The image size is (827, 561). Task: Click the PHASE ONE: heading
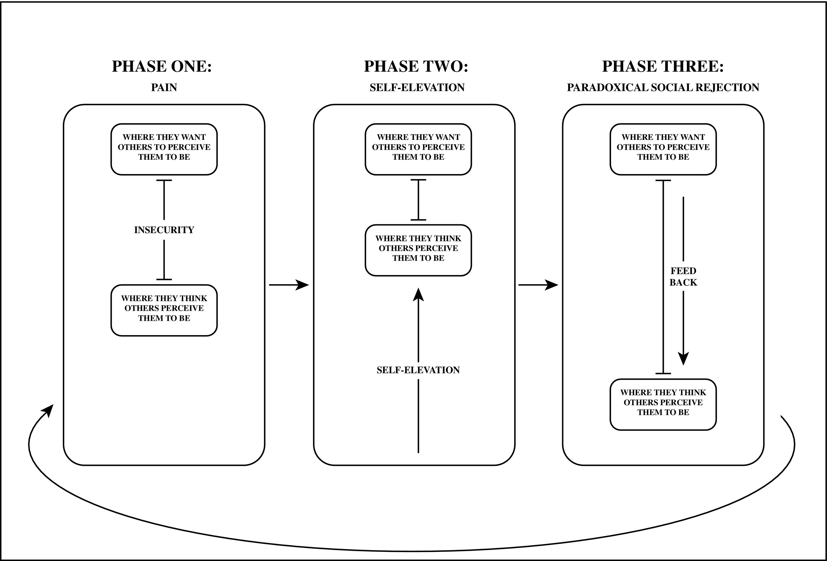162,66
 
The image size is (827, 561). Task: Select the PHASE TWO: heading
416,66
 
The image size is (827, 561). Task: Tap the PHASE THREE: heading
663,66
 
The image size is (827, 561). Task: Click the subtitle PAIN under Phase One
164,88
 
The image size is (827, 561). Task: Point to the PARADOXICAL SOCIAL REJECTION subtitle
663,88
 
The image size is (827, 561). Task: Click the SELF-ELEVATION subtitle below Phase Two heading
417,88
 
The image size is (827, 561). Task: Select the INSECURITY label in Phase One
164,230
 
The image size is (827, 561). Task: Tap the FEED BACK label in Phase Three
683,277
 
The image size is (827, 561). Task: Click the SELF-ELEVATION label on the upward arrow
418,370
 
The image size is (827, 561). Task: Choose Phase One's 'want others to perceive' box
164,149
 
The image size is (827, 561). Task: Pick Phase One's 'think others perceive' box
164,310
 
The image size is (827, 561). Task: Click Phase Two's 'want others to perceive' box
418,149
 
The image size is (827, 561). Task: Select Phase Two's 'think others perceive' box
418,250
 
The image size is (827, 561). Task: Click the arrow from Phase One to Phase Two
289,285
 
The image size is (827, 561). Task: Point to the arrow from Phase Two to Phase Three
538,285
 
